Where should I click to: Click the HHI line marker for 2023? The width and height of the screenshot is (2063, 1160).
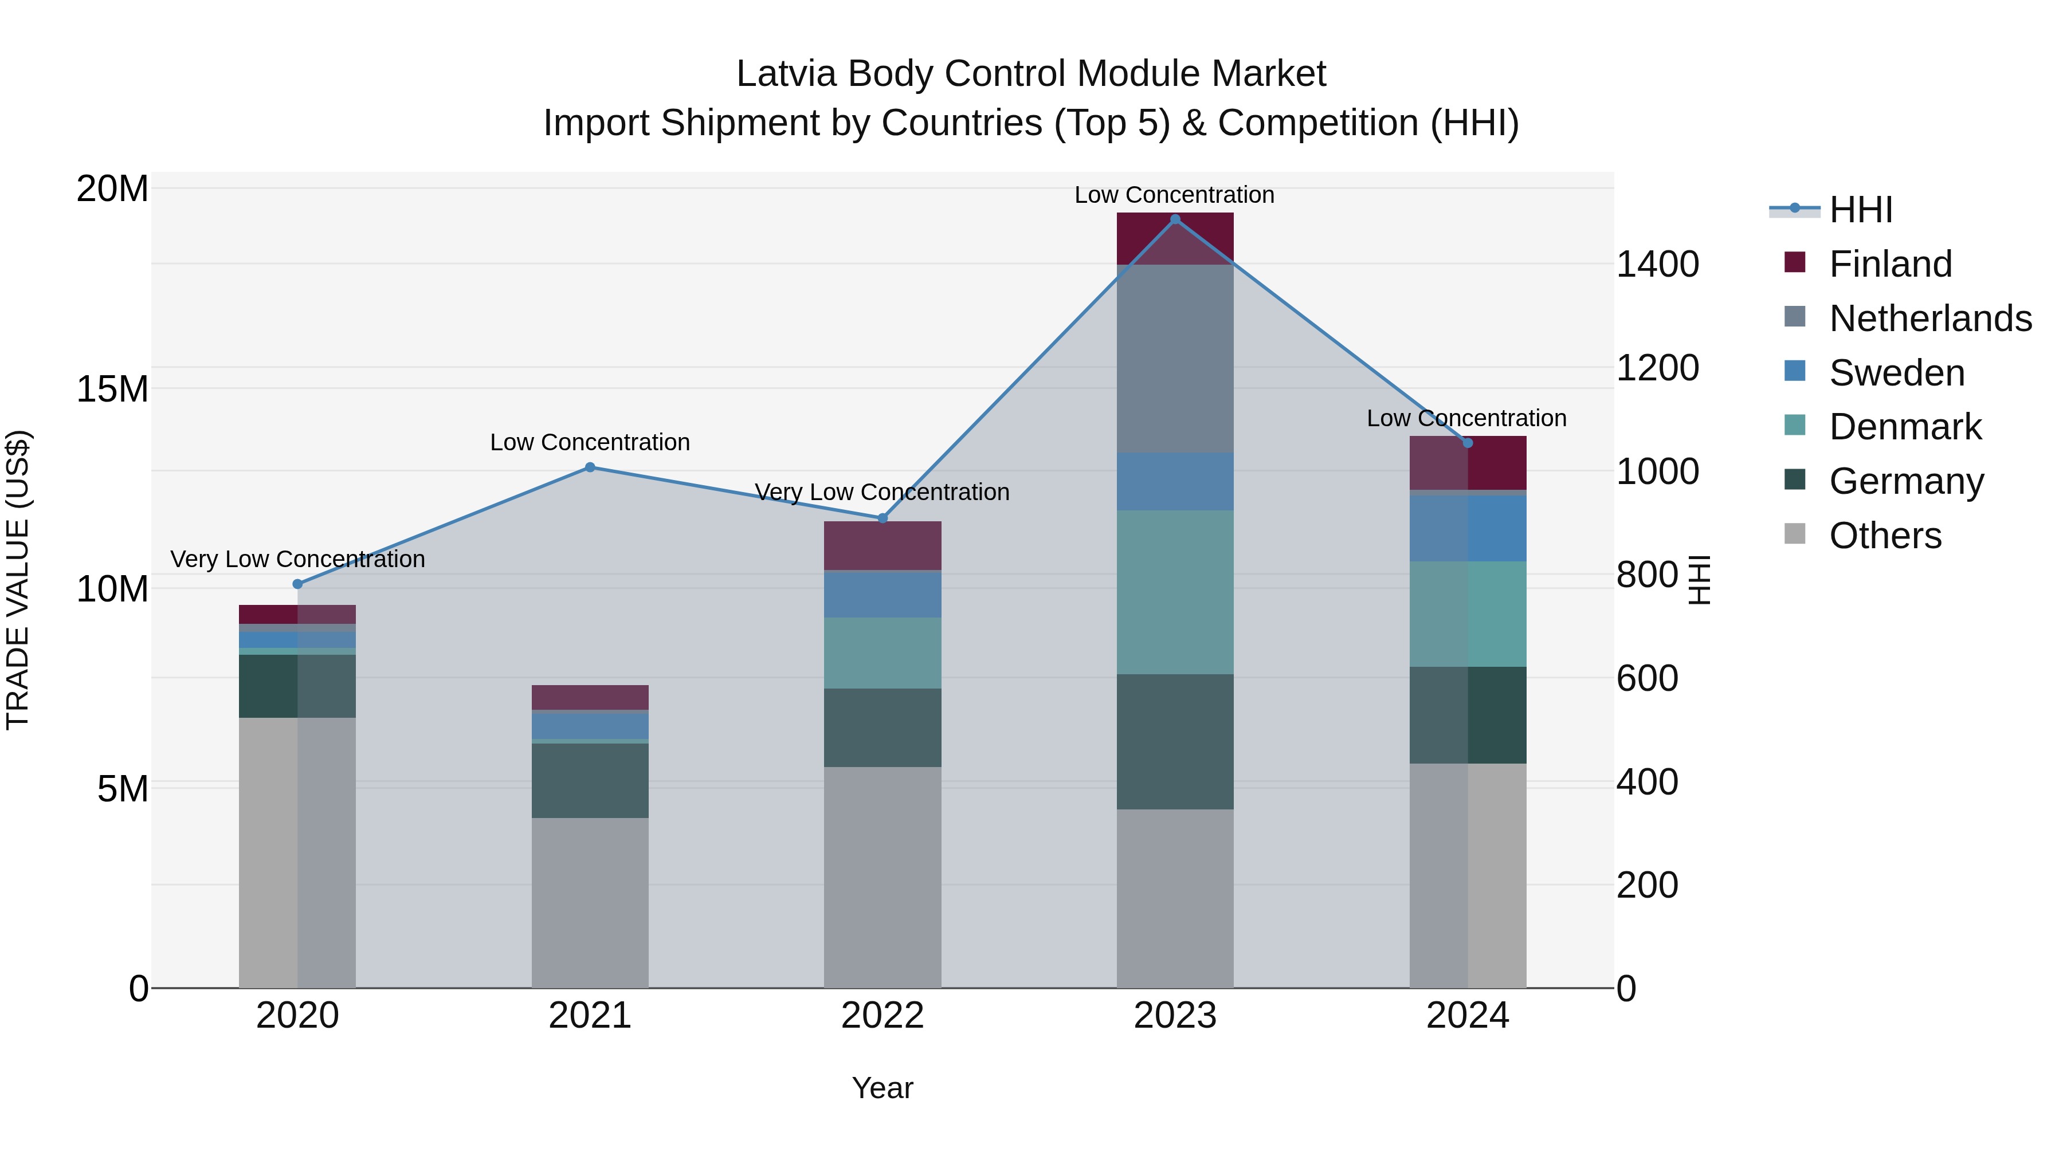tap(1175, 219)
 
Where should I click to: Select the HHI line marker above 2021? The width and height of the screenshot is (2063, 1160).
tap(590, 467)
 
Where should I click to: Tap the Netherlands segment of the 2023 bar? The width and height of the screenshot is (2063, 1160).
tap(1175, 358)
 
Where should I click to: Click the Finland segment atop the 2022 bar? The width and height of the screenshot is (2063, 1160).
tap(883, 545)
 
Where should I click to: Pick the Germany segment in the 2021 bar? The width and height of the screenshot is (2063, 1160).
tap(590, 781)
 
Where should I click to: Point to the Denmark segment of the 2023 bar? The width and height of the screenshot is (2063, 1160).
tap(1175, 592)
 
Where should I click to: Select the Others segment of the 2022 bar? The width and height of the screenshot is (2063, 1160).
tap(883, 876)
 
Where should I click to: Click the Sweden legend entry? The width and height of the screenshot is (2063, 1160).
tap(1896, 373)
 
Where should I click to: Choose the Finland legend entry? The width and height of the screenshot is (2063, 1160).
tap(1890, 264)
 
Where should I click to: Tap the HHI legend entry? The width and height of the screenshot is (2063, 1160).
tap(1860, 210)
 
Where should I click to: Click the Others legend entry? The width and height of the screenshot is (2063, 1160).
tap(1884, 536)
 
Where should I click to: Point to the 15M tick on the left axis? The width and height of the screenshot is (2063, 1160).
tap(112, 389)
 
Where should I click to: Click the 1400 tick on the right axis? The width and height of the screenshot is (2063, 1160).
tap(1657, 264)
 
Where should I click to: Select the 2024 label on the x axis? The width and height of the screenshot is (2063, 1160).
tap(1467, 1016)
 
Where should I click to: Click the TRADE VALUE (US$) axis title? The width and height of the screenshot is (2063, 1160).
tap(18, 580)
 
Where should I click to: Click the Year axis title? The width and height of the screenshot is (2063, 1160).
tap(882, 1088)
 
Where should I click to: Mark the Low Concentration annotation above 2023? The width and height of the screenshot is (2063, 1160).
tap(1174, 195)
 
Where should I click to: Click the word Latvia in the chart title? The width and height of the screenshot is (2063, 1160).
tap(786, 74)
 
